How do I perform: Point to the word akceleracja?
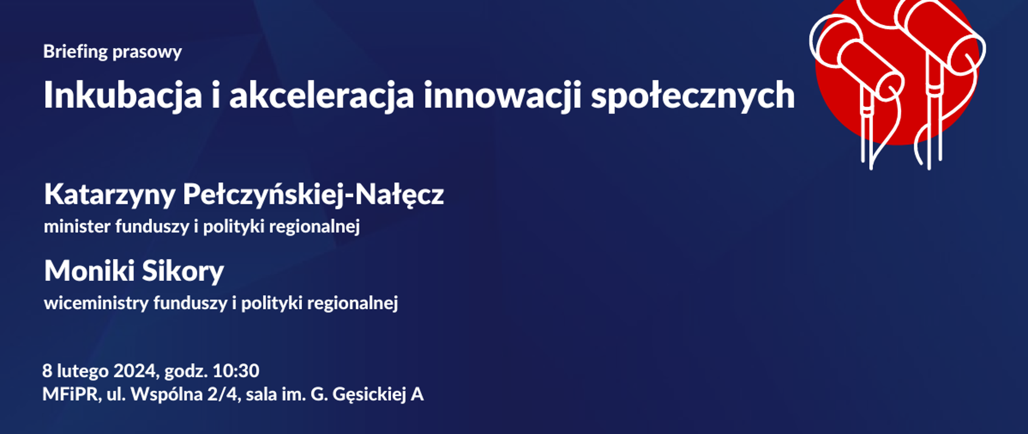point(322,96)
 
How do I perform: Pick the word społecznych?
point(692,96)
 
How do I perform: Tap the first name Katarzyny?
point(110,194)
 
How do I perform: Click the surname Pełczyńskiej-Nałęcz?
point(313,194)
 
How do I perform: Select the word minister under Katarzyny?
point(78,227)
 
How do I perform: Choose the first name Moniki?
point(89,271)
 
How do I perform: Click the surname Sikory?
point(183,271)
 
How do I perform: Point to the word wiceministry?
point(96,303)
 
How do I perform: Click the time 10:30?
point(236,371)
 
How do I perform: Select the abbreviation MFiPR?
point(71,394)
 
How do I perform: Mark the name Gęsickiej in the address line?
point(369,394)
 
